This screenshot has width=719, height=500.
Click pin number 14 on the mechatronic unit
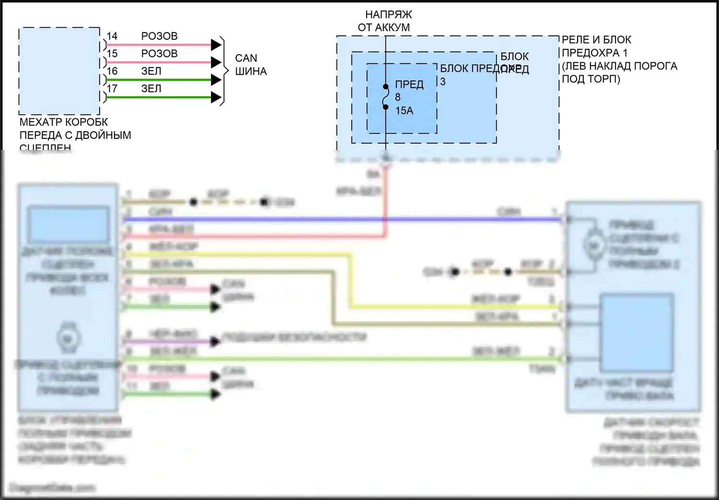[x=112, y=36]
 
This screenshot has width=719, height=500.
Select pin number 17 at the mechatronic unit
[x=112, y=89]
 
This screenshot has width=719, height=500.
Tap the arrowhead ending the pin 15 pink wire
[x=216, y=62]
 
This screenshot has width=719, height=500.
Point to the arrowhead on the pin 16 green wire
[x=216, y=80]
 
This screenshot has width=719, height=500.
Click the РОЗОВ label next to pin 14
[x=159, y=36]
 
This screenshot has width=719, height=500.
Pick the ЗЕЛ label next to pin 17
[x=151, y=89]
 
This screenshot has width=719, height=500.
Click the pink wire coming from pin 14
[x=158, y=45]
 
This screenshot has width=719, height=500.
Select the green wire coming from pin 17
[x=158, y=98]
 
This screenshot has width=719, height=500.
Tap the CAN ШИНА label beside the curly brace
[x=250, y=65]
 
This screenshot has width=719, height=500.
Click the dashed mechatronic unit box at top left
[x=59, y=71]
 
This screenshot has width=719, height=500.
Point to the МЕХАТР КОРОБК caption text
[x=64, y=122]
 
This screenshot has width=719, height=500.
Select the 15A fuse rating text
[x=404, y=111]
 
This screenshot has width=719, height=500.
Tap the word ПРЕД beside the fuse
[x=409, y=85]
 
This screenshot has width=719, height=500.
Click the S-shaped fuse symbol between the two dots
[x=384, y=97]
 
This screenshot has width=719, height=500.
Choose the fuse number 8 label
[x=398, y=97]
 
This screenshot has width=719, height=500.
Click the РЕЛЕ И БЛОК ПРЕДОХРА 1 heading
[x=596, y=46]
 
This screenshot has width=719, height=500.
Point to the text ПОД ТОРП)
[x=591, y=79]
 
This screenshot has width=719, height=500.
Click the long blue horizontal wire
[x=336, y=220]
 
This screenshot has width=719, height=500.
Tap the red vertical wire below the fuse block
[x=385, y=201]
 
